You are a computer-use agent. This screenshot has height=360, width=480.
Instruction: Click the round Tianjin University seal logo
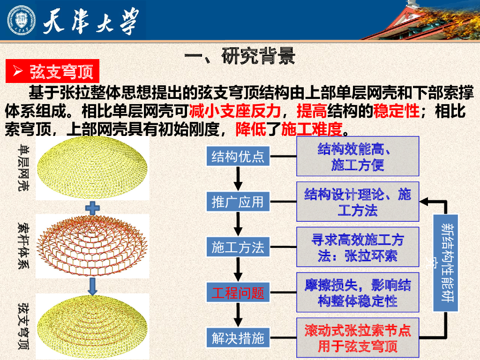21,20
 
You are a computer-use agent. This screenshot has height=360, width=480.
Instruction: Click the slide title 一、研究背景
240,56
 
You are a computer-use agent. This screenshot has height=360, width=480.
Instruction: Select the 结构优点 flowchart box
238,156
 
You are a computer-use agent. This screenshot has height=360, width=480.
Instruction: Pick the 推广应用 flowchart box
238,202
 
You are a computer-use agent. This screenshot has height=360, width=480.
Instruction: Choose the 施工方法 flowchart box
238,247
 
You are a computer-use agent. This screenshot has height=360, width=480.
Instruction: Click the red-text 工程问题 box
238,293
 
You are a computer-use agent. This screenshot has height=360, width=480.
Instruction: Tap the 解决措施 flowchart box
238,338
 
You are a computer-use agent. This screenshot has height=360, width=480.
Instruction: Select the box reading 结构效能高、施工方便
357,157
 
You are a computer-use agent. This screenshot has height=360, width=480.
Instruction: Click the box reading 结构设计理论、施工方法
357,202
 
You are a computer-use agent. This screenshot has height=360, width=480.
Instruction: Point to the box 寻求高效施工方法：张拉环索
357,247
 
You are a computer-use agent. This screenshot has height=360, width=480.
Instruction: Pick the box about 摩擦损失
357,292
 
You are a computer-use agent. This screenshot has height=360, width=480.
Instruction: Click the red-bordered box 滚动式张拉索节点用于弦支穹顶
357,338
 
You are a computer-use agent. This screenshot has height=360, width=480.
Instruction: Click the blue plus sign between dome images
92,208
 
